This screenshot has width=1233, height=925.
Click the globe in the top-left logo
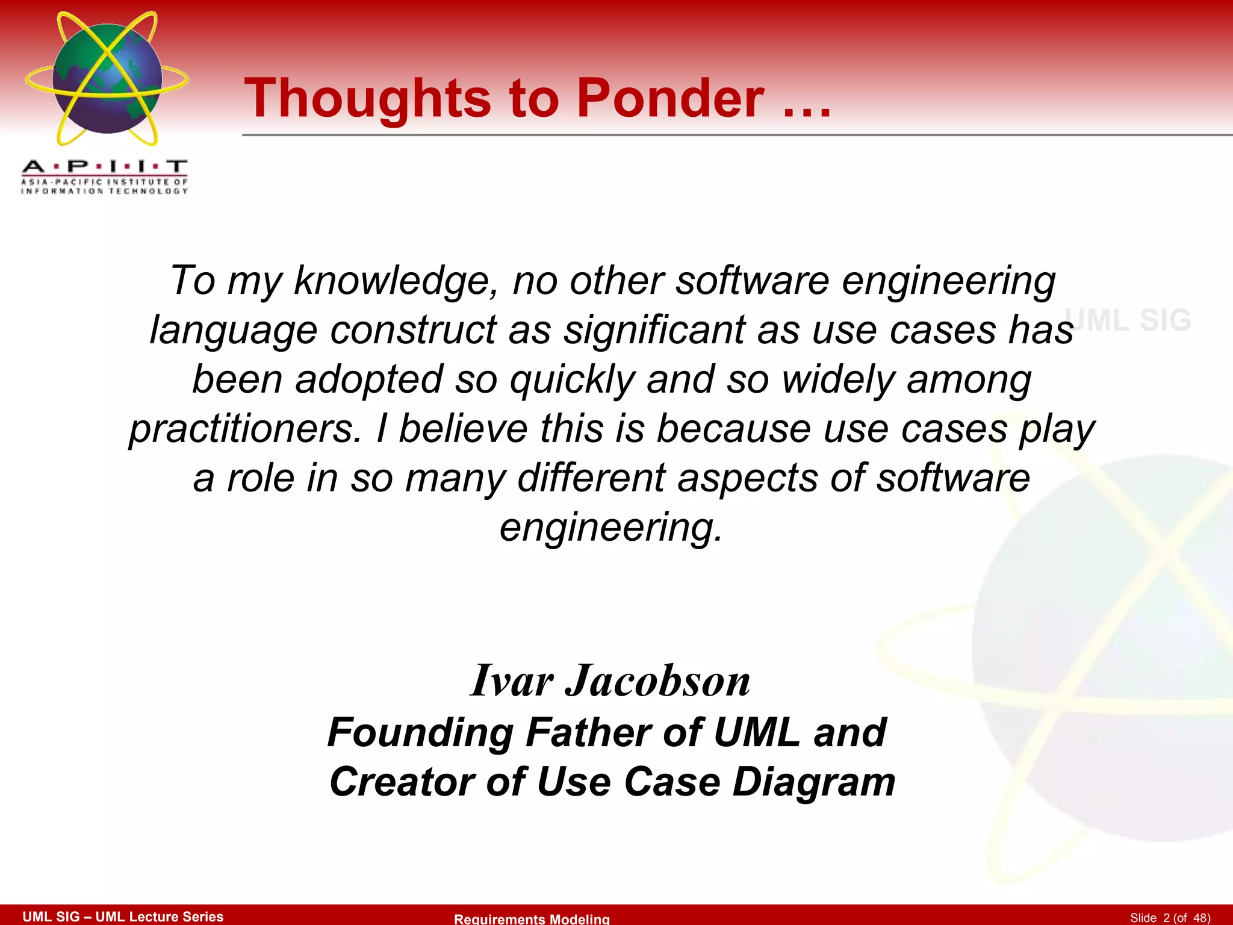(x=107, y=78)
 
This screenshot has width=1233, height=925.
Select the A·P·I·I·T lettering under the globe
(x=105, y=167)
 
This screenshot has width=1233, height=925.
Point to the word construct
(x=414, y=331)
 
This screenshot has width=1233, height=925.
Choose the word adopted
(x=368, y=380)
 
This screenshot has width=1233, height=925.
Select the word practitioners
(x=244, y=429)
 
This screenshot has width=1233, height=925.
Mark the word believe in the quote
(x=463, y=429)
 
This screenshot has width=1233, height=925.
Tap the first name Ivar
(x=512, y=681)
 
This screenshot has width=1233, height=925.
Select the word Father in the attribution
(x=588, y=733)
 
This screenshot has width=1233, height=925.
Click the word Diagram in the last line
(x=813, y=782)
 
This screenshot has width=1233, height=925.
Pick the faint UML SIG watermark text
(x=1129, y=320)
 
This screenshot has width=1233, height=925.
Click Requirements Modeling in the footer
(x=532, y=918)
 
